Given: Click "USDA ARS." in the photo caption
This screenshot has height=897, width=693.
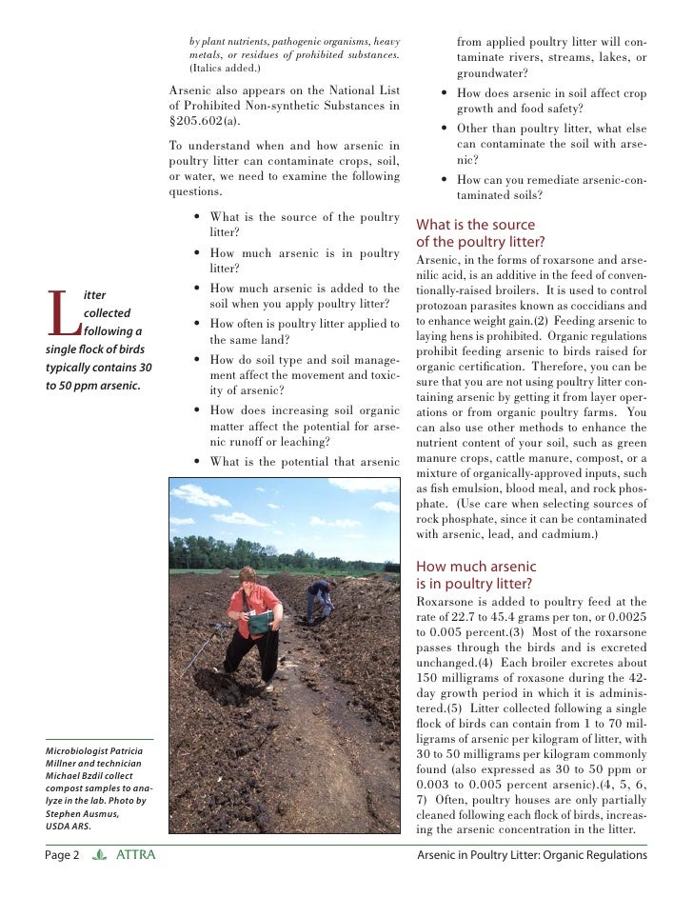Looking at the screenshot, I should pos(71,827).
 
